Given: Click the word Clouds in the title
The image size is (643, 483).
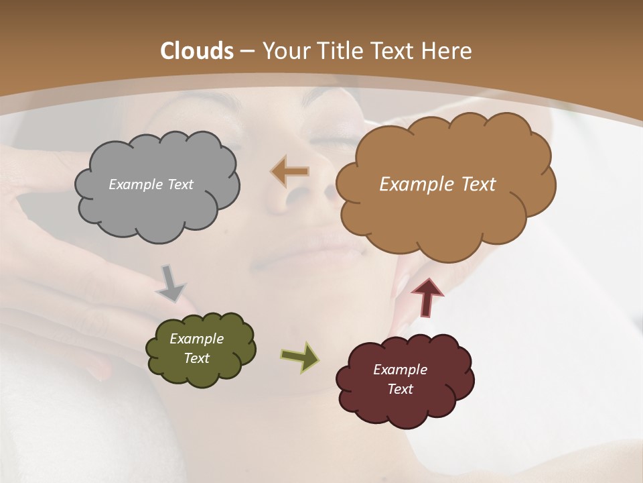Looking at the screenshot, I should coord(196,51).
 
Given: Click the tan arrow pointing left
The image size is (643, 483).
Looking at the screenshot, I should coord(290,172).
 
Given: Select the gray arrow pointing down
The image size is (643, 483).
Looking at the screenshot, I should coord(171,283).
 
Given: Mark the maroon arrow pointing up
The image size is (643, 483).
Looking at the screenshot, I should coord(427,297).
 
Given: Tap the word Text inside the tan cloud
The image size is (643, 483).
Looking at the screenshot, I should coord(474,184).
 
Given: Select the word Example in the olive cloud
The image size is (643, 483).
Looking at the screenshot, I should coord(196,339).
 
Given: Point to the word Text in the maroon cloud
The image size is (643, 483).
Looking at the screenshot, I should coord(400,389).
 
